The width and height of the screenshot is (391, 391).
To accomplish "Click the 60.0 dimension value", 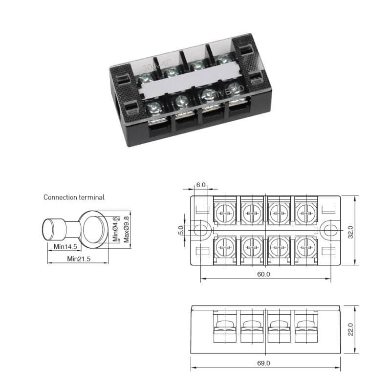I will coord(263,274).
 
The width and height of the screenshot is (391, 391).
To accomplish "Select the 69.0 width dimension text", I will coord(264,363).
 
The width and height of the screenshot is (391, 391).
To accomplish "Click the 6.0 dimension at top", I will coord(201,185).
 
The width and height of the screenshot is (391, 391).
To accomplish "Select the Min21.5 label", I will coord(79,259).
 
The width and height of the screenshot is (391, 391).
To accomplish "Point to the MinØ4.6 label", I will coord(116,229).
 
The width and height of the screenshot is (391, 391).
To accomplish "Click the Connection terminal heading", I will coord(74,197).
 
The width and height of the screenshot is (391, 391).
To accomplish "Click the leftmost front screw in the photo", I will coord(154,108).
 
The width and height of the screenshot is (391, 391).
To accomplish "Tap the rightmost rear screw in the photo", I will coord(223,60).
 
